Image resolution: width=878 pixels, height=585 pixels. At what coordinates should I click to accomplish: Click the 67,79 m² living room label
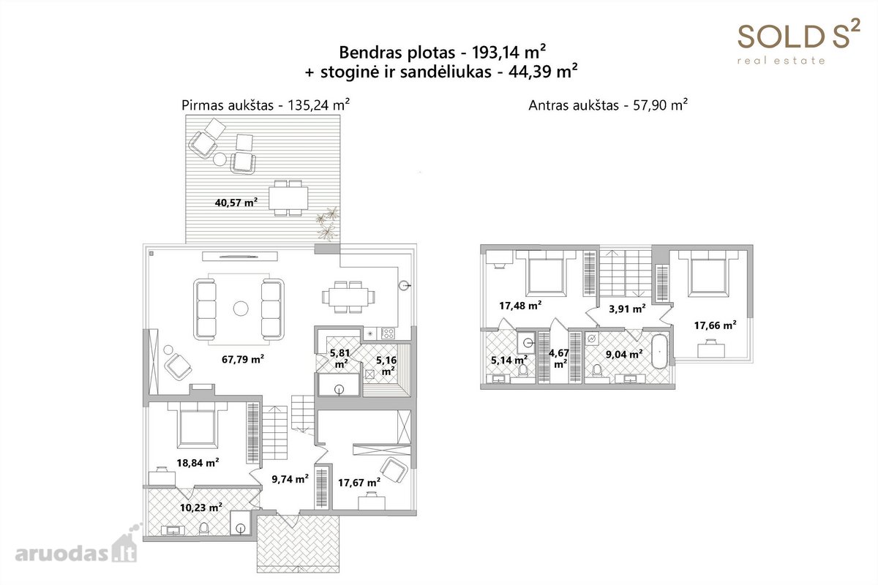point(243,359)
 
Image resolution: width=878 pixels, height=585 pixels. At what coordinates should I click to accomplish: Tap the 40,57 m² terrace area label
point(236,202)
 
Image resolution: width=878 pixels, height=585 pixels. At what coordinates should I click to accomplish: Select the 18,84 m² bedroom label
point(198,462)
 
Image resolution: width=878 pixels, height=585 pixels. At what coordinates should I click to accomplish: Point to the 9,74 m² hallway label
point(290,478)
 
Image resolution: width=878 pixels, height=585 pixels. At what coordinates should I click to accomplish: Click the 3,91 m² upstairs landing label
point(627,309)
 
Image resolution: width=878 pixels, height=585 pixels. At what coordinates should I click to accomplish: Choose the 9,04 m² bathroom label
point(624,354)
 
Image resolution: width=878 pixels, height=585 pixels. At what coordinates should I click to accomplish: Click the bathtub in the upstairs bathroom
point(660,351)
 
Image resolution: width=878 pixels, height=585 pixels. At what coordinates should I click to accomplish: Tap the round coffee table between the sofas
point(241,309)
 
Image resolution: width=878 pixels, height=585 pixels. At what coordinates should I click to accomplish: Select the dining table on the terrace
point(288,198)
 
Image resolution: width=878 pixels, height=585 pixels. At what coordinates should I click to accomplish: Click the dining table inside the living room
point(348,297)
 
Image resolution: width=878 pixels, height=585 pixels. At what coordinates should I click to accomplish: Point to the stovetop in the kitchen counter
point(388,333)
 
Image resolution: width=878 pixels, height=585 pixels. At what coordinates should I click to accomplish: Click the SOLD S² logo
point(799,41)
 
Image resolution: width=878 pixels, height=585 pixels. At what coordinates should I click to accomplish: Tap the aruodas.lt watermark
point(76,546)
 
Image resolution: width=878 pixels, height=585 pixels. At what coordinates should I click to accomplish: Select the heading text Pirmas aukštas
point(228,105)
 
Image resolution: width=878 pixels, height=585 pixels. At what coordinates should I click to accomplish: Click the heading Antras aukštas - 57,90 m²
point(608,105)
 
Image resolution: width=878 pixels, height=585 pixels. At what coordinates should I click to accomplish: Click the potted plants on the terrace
point(328,223)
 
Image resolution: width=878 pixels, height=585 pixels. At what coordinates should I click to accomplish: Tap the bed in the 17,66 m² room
point(708,272)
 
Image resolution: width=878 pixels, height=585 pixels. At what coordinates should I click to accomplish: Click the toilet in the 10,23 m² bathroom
point(204,528)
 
